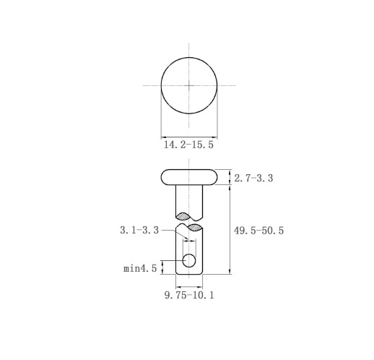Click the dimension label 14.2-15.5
click(x=188, y=145)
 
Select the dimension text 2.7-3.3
click(x=253, y=179)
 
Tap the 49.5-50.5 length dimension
click(x=258, y=231)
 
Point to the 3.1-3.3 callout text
click(x=139, y=230)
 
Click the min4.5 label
click(x=140, y=268)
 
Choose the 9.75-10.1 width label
click(x=189, y=295)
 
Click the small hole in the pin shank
click(x=189, y=260)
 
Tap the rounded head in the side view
click(x=189, y=177)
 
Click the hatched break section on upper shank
click(x=183, y=216)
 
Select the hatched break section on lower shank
click(x=195, y=227)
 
